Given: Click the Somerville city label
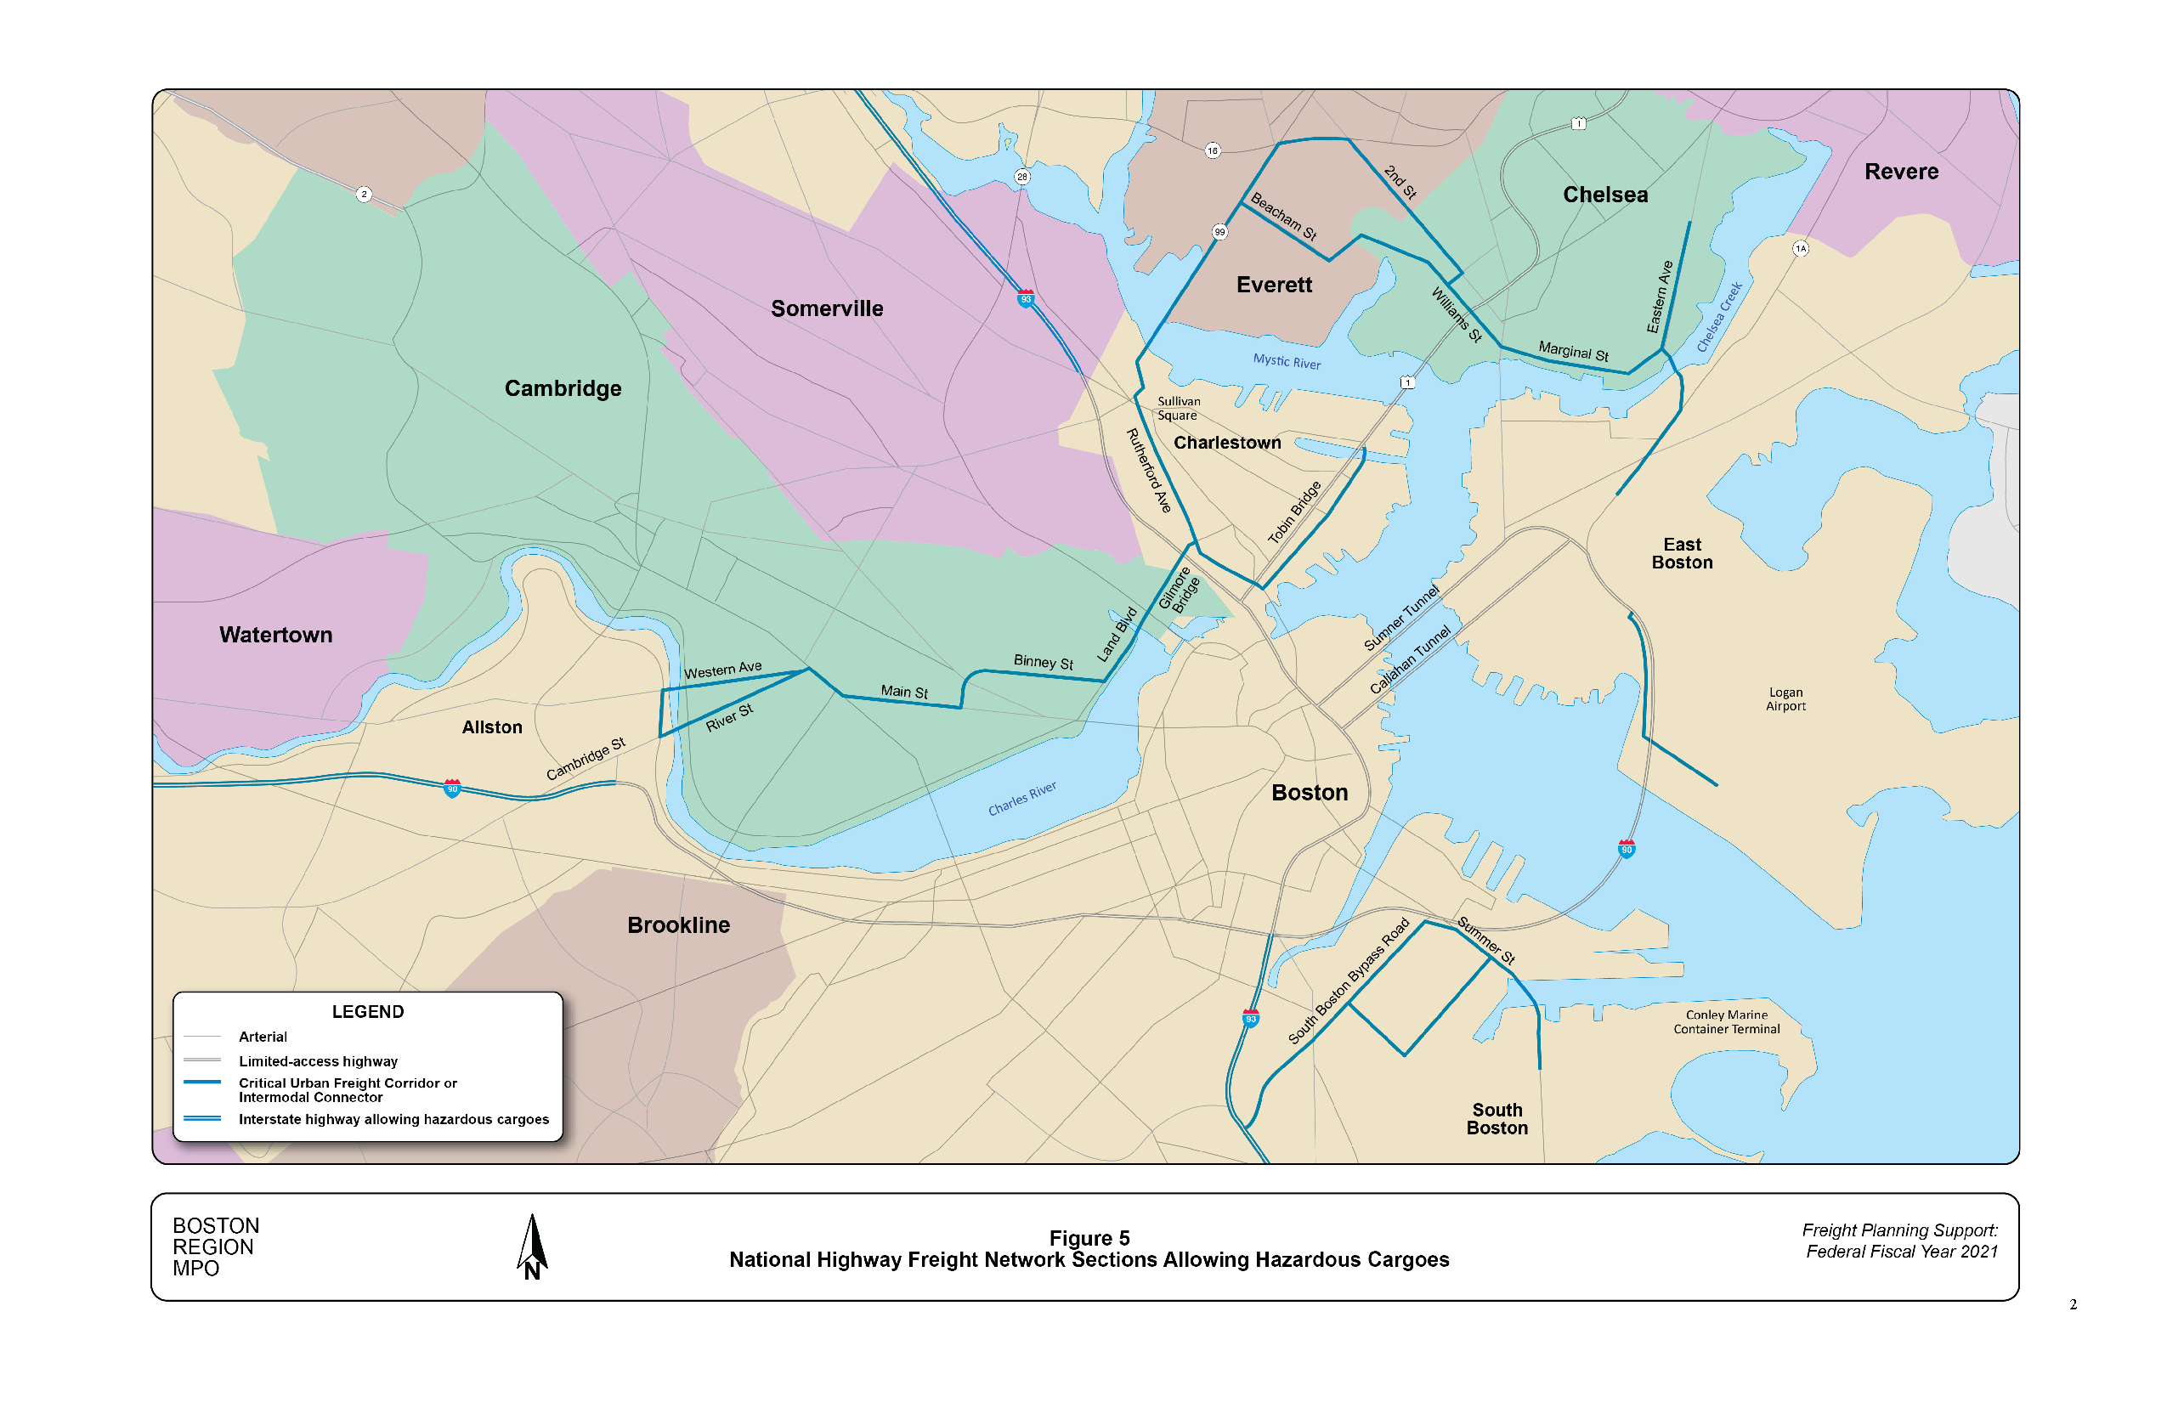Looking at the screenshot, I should coord(827,308).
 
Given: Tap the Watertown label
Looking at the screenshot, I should coord(276,635).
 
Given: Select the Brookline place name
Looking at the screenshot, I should coord(678,925).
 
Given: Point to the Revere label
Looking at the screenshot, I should coord(1901,171).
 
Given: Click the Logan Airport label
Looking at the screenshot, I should coord(1785,699).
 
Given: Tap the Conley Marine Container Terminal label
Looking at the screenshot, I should coord(1726,1021).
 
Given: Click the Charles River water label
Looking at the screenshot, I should coord(1022,799).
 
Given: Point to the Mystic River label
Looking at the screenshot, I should coord(1287,361).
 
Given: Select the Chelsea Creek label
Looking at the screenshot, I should coord(1719,317).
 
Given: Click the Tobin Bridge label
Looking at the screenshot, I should coord(1295,512).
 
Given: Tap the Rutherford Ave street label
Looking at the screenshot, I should coord(1149,471).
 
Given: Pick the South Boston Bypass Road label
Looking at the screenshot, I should coord(1349,981).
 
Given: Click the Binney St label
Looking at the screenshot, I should coord(1044,662).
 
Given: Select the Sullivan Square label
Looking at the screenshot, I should coord(1178,408).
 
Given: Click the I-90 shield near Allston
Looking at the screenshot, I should coord(451,789).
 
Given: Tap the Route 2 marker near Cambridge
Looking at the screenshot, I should coord(365,194).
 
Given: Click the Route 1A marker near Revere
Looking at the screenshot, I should coord(1800,248).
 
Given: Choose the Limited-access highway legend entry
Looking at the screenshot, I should coord(318,1061).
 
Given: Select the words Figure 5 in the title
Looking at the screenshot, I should coord(1089,1238).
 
